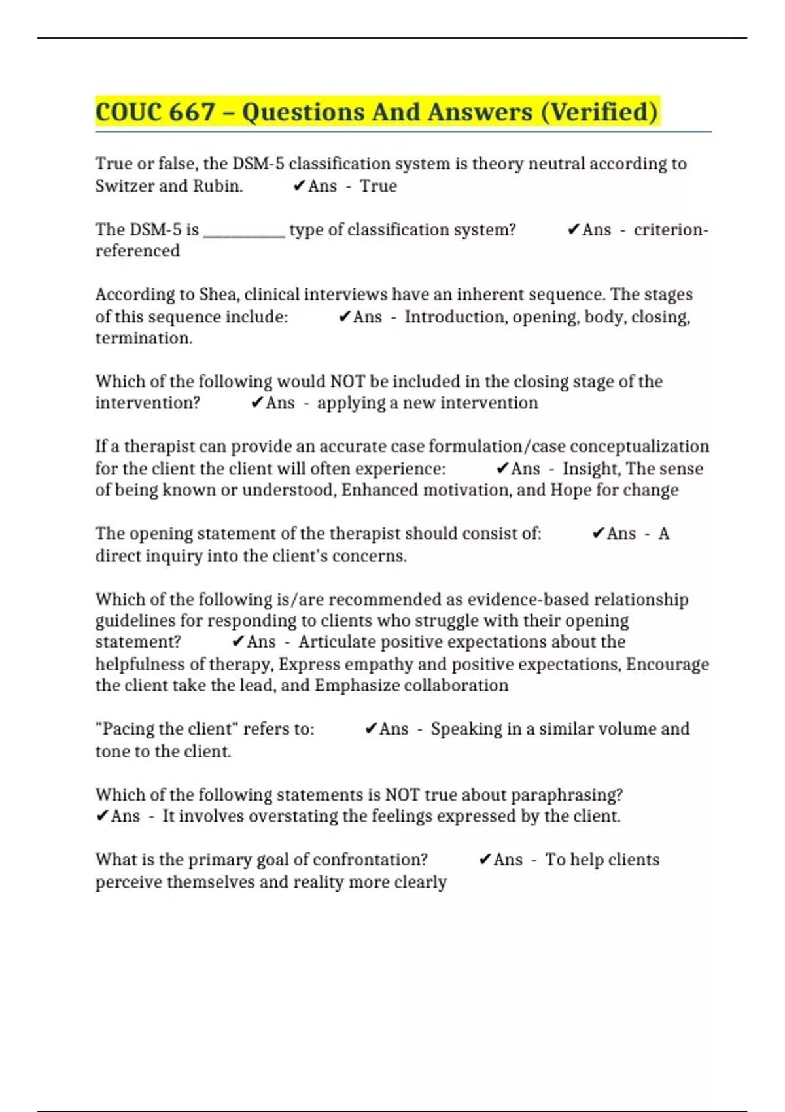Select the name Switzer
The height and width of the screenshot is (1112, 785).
click(124, 186)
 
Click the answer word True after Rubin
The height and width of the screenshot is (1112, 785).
click(378, 186)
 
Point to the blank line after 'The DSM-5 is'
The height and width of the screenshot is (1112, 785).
click(244, 231)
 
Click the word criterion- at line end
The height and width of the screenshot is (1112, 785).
click(671, 230)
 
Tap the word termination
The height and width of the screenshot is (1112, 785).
click(144, 338)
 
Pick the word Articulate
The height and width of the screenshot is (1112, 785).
click(337, 642)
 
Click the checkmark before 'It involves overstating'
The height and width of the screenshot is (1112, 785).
click(102, 816)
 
